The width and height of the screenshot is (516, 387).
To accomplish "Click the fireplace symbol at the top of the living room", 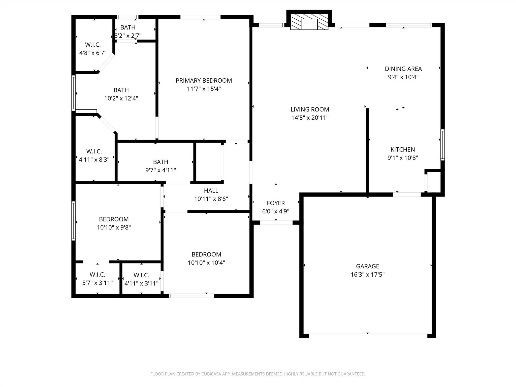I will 309,22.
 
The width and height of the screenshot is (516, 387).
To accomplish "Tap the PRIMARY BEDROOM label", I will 204,81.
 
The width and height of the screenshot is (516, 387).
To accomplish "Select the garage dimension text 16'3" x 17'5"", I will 367,274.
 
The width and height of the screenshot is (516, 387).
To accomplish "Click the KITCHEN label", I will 403,149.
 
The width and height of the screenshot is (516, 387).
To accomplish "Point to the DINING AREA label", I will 403,69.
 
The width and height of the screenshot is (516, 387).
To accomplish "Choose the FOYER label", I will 276,203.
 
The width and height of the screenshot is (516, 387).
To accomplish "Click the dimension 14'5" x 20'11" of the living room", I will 310,118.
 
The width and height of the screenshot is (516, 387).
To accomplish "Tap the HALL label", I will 211,190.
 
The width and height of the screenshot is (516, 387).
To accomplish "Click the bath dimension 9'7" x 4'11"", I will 160,170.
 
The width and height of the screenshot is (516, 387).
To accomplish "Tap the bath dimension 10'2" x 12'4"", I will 121,98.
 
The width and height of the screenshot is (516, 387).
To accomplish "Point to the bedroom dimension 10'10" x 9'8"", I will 114,228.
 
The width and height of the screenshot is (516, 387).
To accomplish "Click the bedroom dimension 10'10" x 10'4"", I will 206,263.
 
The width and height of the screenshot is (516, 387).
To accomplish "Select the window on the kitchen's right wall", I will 442,145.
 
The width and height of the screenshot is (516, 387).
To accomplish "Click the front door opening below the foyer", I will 276,223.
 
